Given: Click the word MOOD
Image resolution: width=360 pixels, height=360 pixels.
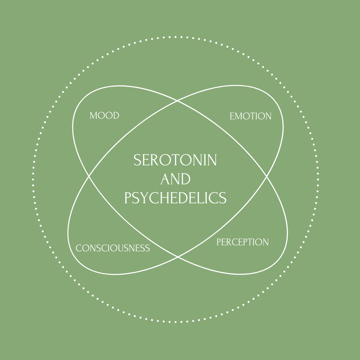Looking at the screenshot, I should [104, 116].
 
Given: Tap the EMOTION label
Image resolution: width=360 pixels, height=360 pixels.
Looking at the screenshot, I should [250, 116].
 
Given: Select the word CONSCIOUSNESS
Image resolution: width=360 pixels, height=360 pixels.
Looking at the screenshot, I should [113, 248].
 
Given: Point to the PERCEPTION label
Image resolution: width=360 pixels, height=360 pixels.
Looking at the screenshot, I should [242, 242].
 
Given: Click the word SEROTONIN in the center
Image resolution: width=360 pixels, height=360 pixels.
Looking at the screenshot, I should [175, 161].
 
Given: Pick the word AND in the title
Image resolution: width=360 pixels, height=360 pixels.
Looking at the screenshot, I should [175, 179].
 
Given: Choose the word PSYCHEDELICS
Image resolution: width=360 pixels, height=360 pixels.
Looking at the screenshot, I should [175, 198].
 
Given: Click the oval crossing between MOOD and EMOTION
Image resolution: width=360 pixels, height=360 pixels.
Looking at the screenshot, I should [177, 100].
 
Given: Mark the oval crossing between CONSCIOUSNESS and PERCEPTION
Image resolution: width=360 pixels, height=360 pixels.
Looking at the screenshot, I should [178, 257].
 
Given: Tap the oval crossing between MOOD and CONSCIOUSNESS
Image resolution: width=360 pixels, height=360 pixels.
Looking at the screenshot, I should [89, 176].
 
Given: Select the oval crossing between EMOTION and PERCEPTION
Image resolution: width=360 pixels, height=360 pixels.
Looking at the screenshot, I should [266, 176].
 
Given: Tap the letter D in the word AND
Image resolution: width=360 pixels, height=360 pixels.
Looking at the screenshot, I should [185, 179].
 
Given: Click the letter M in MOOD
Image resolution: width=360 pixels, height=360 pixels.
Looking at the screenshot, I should [94, 116].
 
